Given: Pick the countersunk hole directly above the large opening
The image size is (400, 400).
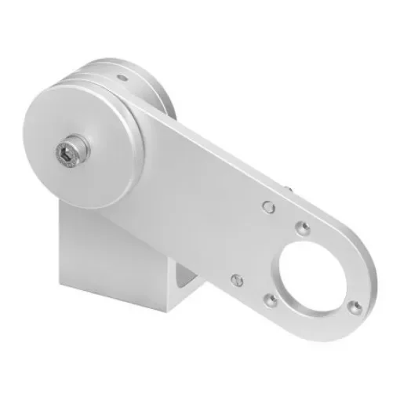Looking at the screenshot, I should click(301, 228).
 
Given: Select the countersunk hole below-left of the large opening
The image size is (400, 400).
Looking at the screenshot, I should click(270, 298).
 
